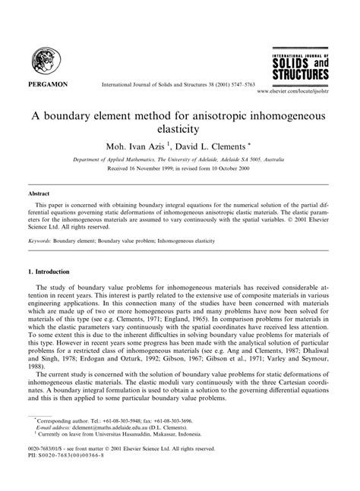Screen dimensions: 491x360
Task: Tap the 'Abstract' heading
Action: click(42, 194)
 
